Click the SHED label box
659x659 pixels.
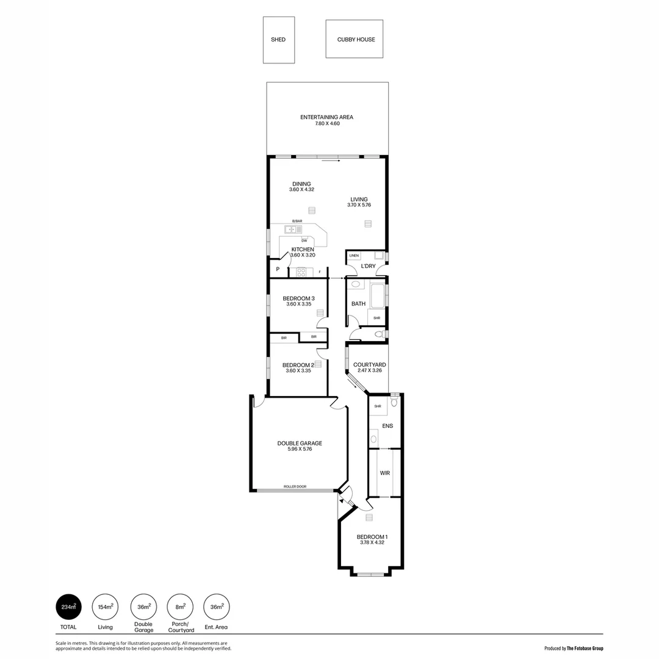tap(278, 40)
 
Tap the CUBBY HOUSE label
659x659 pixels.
tap(356, 40)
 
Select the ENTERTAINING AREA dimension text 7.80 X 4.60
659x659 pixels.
tap(326, 124)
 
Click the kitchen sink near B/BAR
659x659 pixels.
tap(292, 229)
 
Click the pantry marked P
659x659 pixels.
tap(278, 269)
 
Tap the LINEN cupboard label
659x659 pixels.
tap(354, 256)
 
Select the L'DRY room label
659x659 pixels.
tap(368, 267)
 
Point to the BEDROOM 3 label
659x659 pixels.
tap(298, 298)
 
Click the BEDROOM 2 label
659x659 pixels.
tap(298, 365)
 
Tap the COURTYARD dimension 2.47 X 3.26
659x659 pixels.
tap(369, 370)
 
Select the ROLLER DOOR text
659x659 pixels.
tap(295, 487)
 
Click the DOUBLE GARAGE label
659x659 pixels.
tap(299, 444)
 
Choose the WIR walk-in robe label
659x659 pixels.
tap(384, 473)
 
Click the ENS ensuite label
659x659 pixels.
tap(387, 426)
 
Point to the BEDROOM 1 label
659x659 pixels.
tap(372, 537)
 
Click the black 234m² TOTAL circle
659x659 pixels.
tap(68, 607)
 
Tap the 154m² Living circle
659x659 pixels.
tap(105, 607)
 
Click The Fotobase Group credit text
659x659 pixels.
tap(585, 648)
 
